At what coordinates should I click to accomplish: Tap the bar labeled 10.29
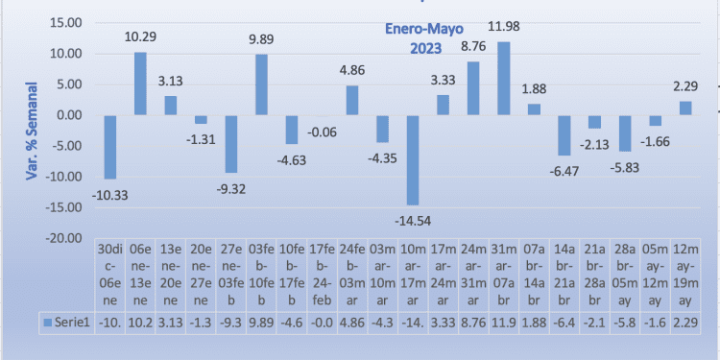click(139, 84)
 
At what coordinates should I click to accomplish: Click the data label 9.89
click(261, 41)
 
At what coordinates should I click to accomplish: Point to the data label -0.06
click(322, 131)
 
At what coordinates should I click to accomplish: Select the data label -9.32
click(230, 188)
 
